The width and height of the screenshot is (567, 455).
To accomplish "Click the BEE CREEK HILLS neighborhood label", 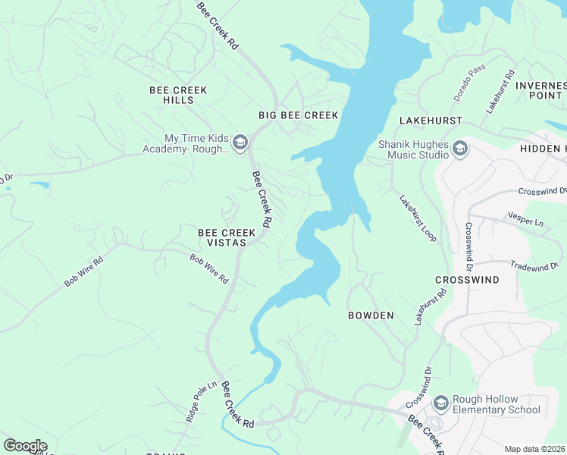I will coord(178,95).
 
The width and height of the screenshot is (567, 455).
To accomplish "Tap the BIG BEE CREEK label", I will coord(298,115).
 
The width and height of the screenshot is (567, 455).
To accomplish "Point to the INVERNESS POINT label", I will coord(540,90).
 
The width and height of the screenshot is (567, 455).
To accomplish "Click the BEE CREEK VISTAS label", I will coord(222,237).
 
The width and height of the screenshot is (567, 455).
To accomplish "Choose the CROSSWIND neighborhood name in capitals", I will coord(467,280).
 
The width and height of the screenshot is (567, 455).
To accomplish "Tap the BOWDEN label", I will coord(371,315).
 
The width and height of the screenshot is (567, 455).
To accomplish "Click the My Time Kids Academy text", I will coord(186,144).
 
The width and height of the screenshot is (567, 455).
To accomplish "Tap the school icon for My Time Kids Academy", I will coord(240,143).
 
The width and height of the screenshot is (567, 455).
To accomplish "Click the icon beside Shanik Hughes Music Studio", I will coord(460,149).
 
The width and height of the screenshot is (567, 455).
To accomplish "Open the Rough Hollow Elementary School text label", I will coord(497,405).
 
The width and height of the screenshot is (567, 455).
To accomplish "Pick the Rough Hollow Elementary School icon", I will coord(439,401).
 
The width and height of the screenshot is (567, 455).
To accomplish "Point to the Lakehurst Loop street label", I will coord(418,218).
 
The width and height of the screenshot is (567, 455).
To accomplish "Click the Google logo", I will coord(25,446).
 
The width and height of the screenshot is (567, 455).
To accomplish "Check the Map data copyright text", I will coord(535,449).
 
